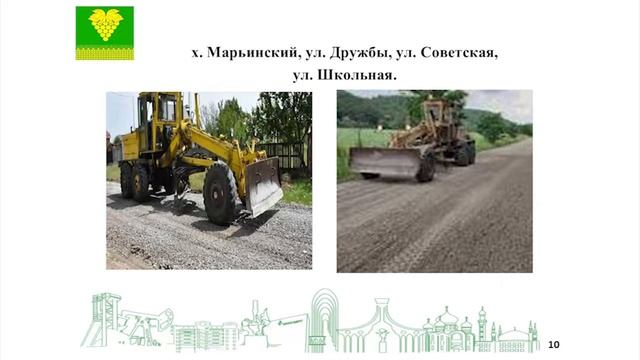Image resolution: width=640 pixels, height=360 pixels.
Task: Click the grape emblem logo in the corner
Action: point(104,32)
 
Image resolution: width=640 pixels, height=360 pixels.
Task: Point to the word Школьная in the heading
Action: point(358,74)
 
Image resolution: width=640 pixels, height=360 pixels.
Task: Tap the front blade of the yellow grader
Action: point(264,187)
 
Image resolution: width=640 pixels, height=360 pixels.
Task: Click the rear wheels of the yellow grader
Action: point(135,181)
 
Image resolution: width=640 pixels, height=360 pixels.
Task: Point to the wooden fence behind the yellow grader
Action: point(285,155)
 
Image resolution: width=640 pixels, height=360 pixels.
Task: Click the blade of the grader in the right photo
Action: point(384,162)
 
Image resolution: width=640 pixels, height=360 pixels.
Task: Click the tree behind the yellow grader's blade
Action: point(280,115)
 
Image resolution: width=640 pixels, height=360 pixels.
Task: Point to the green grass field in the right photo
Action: point(360,140)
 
